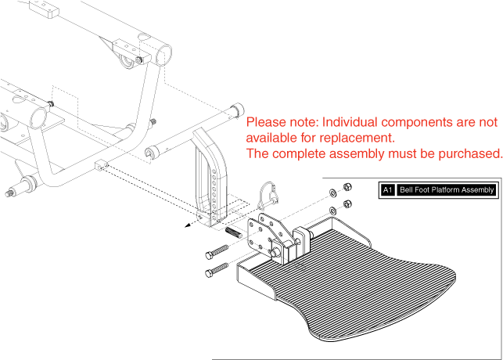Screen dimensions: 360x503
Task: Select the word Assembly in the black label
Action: point(480,190)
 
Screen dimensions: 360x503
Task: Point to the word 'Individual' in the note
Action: point(353,123)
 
